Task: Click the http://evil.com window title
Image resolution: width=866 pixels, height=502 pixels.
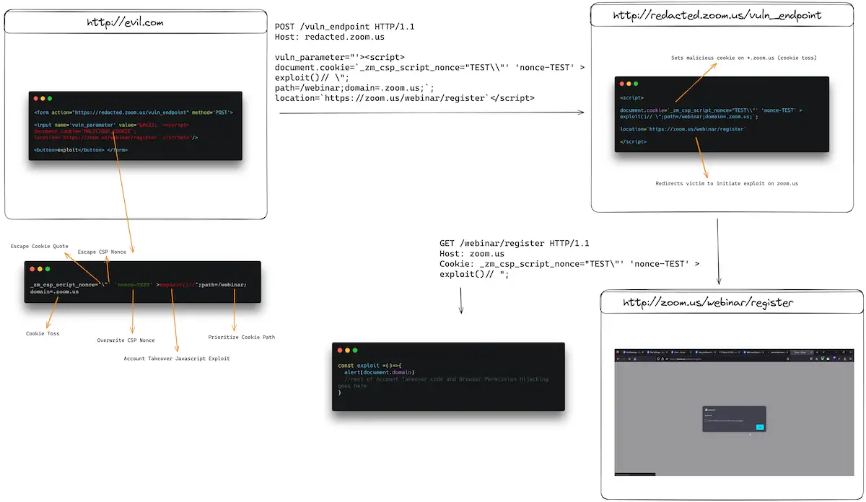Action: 125,23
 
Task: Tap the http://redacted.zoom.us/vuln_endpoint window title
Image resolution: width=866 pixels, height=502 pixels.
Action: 717,15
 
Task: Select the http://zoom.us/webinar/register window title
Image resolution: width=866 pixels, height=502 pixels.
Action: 708,303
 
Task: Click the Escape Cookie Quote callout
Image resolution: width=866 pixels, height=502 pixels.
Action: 40,247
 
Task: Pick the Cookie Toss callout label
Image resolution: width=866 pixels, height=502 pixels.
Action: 43,334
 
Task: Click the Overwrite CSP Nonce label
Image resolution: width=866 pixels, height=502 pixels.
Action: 126,340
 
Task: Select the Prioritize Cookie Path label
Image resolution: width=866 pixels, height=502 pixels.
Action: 241,337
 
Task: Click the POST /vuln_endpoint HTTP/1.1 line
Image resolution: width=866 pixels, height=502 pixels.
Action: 343,27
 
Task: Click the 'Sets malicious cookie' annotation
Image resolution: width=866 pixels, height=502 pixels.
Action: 743,58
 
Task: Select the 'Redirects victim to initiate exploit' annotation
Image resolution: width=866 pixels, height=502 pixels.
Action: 726,184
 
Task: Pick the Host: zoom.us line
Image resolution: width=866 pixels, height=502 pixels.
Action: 471,254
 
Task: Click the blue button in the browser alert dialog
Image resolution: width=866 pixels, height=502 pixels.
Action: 759,427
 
